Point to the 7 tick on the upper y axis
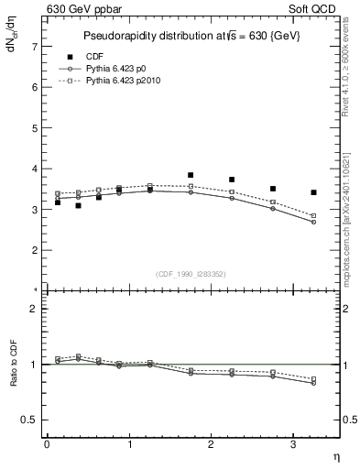pyautogui.click(x=34, y=46)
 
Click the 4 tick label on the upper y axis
pyautogui.click(x=34, y=169)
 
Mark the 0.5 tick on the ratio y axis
pyautogui.click(x=30, y=420)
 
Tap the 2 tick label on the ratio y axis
pyautogui.click(x=34, y=309)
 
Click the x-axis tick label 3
pyautogui.click(x=293, y=444)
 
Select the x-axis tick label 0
pyautogui.click(x=47, y=444)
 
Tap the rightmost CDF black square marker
pyautogui.click(x=314, y=192)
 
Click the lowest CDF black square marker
pyautogui.click(x=78, y=206)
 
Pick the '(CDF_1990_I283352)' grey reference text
pyautogui.click(x=190, y=272)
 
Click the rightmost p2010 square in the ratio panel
pyautogui.click(x=314, y=379)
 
